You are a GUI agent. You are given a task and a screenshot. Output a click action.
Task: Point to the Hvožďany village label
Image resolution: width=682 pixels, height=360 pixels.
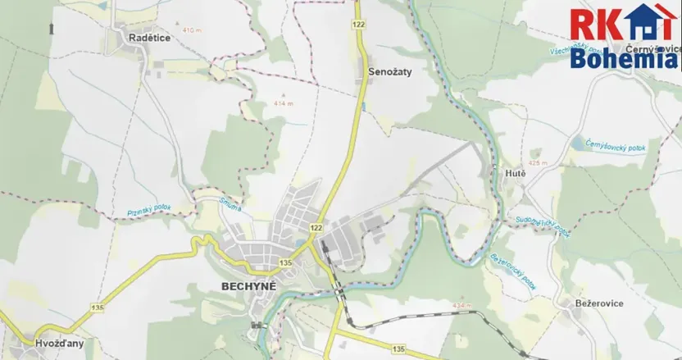click(59, 344)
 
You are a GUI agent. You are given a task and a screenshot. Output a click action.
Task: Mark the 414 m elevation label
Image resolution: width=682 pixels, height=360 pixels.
click(284, 104)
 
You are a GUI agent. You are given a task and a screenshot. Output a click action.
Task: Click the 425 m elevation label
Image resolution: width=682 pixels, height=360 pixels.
click(538, 163)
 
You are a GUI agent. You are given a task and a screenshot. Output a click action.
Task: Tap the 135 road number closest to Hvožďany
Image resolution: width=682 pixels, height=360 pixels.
click(98, 307)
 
